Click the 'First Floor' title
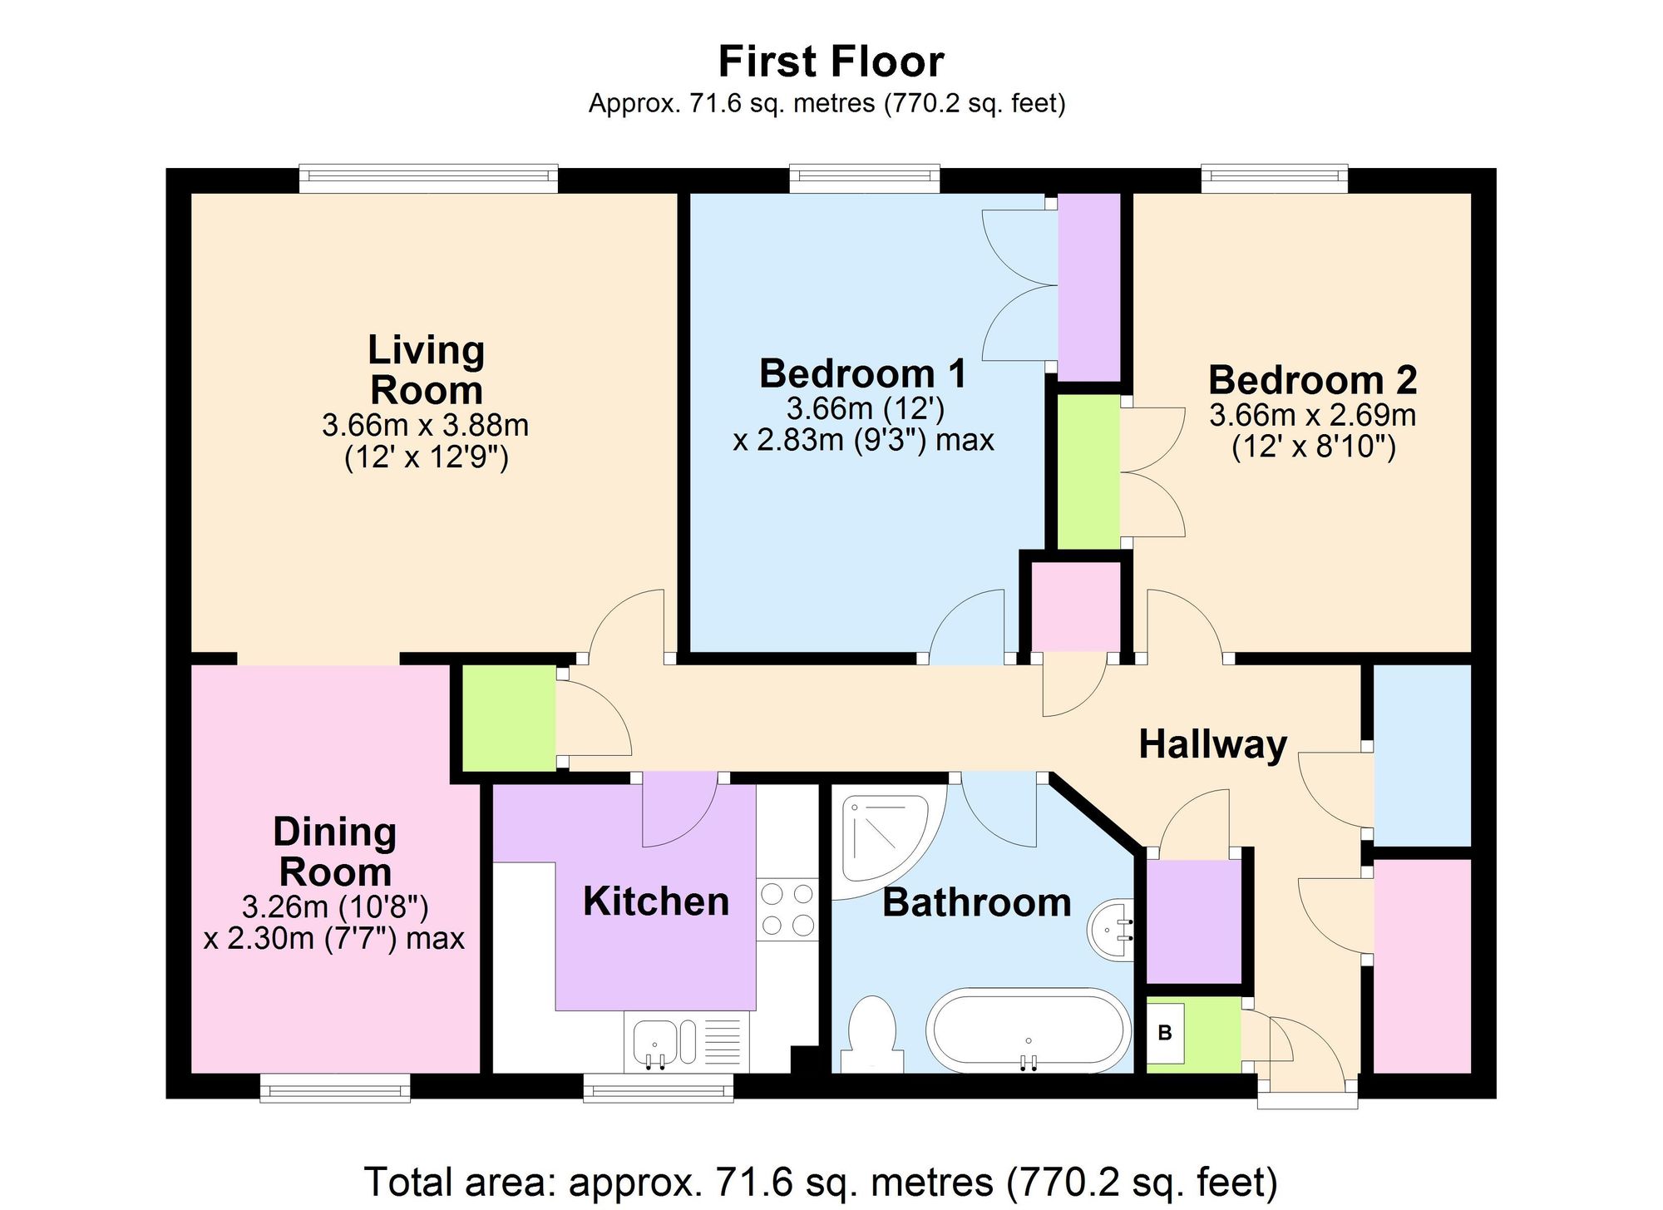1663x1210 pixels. coord(831,62)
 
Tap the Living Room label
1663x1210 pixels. coord(426,370)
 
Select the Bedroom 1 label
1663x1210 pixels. coord(863,373)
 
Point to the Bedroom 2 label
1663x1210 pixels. coord(1312,380)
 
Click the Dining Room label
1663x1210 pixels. coord(335,852)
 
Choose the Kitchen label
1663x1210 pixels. coord(656,901)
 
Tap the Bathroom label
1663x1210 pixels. coord(977,903)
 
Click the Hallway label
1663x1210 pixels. coord(1213,744)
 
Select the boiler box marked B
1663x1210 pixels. coord(1165,1033)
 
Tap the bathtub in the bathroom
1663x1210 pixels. coord(1029,1030)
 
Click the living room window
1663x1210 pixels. coord(428,179)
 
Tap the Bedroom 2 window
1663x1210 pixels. coord(1274,179)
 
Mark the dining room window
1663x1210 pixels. coord(335,1088)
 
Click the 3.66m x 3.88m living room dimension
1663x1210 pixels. coord(426,426)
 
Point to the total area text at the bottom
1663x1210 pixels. coord(821,1182)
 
